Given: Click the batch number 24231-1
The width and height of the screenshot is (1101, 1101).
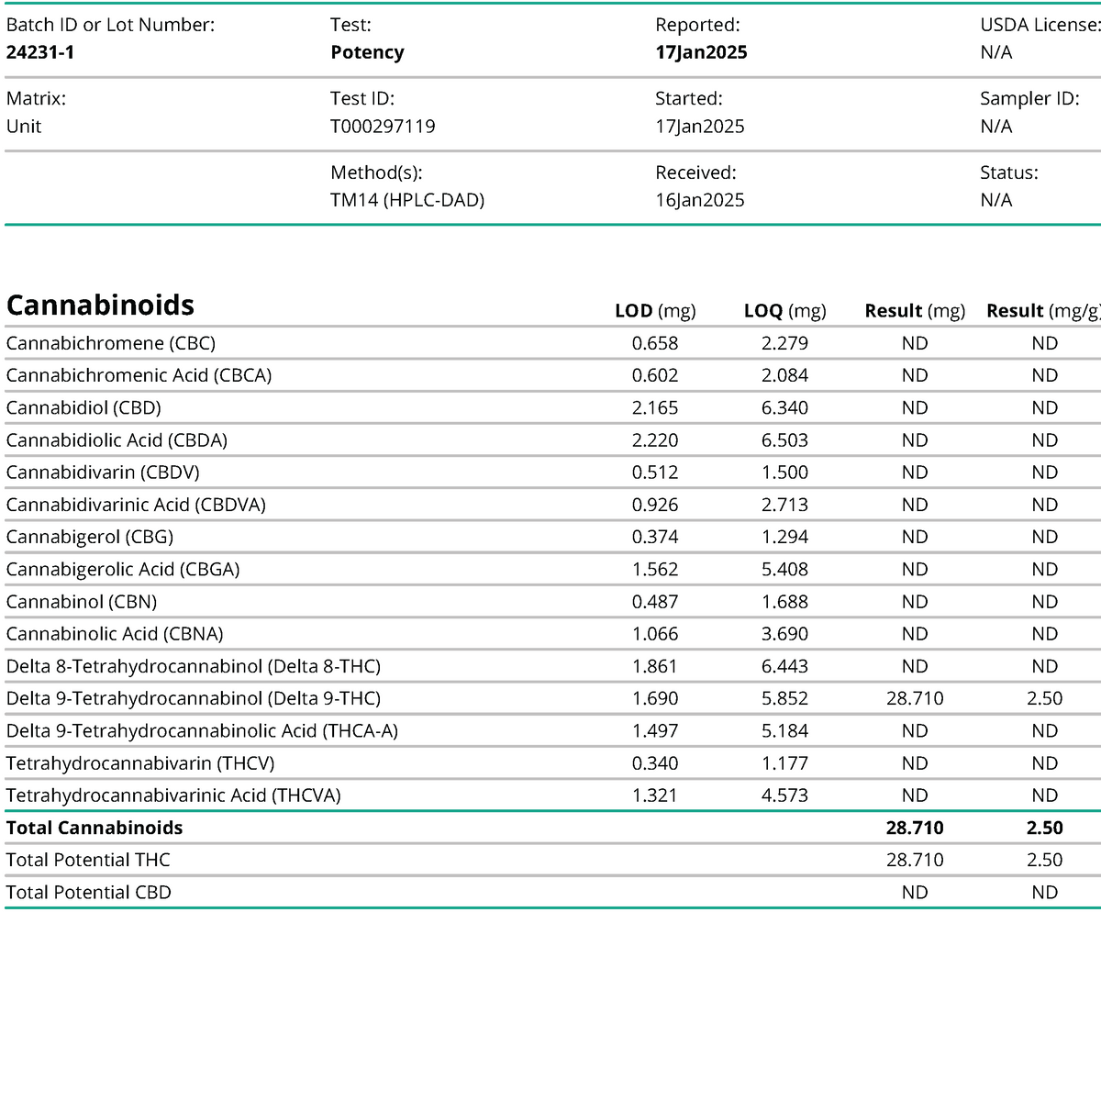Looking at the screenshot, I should (x=40, y=52).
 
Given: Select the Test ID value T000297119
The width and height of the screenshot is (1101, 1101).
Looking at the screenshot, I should (x=383, y=127).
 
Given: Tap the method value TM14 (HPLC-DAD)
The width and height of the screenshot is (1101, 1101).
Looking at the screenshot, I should (x=407, y=200).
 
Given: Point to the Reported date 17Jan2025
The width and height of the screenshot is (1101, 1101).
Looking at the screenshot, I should (x=701, y=52).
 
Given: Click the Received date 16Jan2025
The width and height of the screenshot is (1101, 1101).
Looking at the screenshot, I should (x=700, y=200).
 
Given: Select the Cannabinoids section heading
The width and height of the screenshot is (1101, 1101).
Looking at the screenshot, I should (x=101, y=305).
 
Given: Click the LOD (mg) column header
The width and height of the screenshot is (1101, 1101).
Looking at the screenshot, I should (x=655, y=311).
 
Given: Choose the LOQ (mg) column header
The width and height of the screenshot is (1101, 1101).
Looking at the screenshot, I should (x=784, y=311).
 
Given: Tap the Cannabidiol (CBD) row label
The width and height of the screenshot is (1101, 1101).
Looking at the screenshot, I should (x=83, y=407).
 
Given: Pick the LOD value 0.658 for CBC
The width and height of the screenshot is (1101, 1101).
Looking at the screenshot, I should (x=655, y=343).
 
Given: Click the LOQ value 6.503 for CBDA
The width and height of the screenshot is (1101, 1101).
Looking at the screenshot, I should (x=784, y=440).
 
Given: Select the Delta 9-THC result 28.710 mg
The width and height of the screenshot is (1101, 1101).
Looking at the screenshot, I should (x=915, y=698).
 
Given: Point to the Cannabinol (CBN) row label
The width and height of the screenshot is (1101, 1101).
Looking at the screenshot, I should (x=82, y=602).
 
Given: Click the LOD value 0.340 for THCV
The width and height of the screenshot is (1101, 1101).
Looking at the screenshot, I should (x=655, y=763).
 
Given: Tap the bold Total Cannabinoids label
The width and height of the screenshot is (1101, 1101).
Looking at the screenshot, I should (x=95, y=828).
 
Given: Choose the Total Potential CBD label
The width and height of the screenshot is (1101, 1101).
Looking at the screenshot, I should (x=88, y=893).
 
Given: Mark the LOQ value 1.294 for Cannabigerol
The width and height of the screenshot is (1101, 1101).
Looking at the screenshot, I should (x=784, y=537).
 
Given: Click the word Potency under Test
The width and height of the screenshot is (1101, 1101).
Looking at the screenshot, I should (x=367, y=52).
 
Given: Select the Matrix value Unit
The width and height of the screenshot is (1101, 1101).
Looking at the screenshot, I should (x=24, y=127).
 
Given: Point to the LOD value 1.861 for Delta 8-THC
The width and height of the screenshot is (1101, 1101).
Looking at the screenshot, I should (x=655, y=666).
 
